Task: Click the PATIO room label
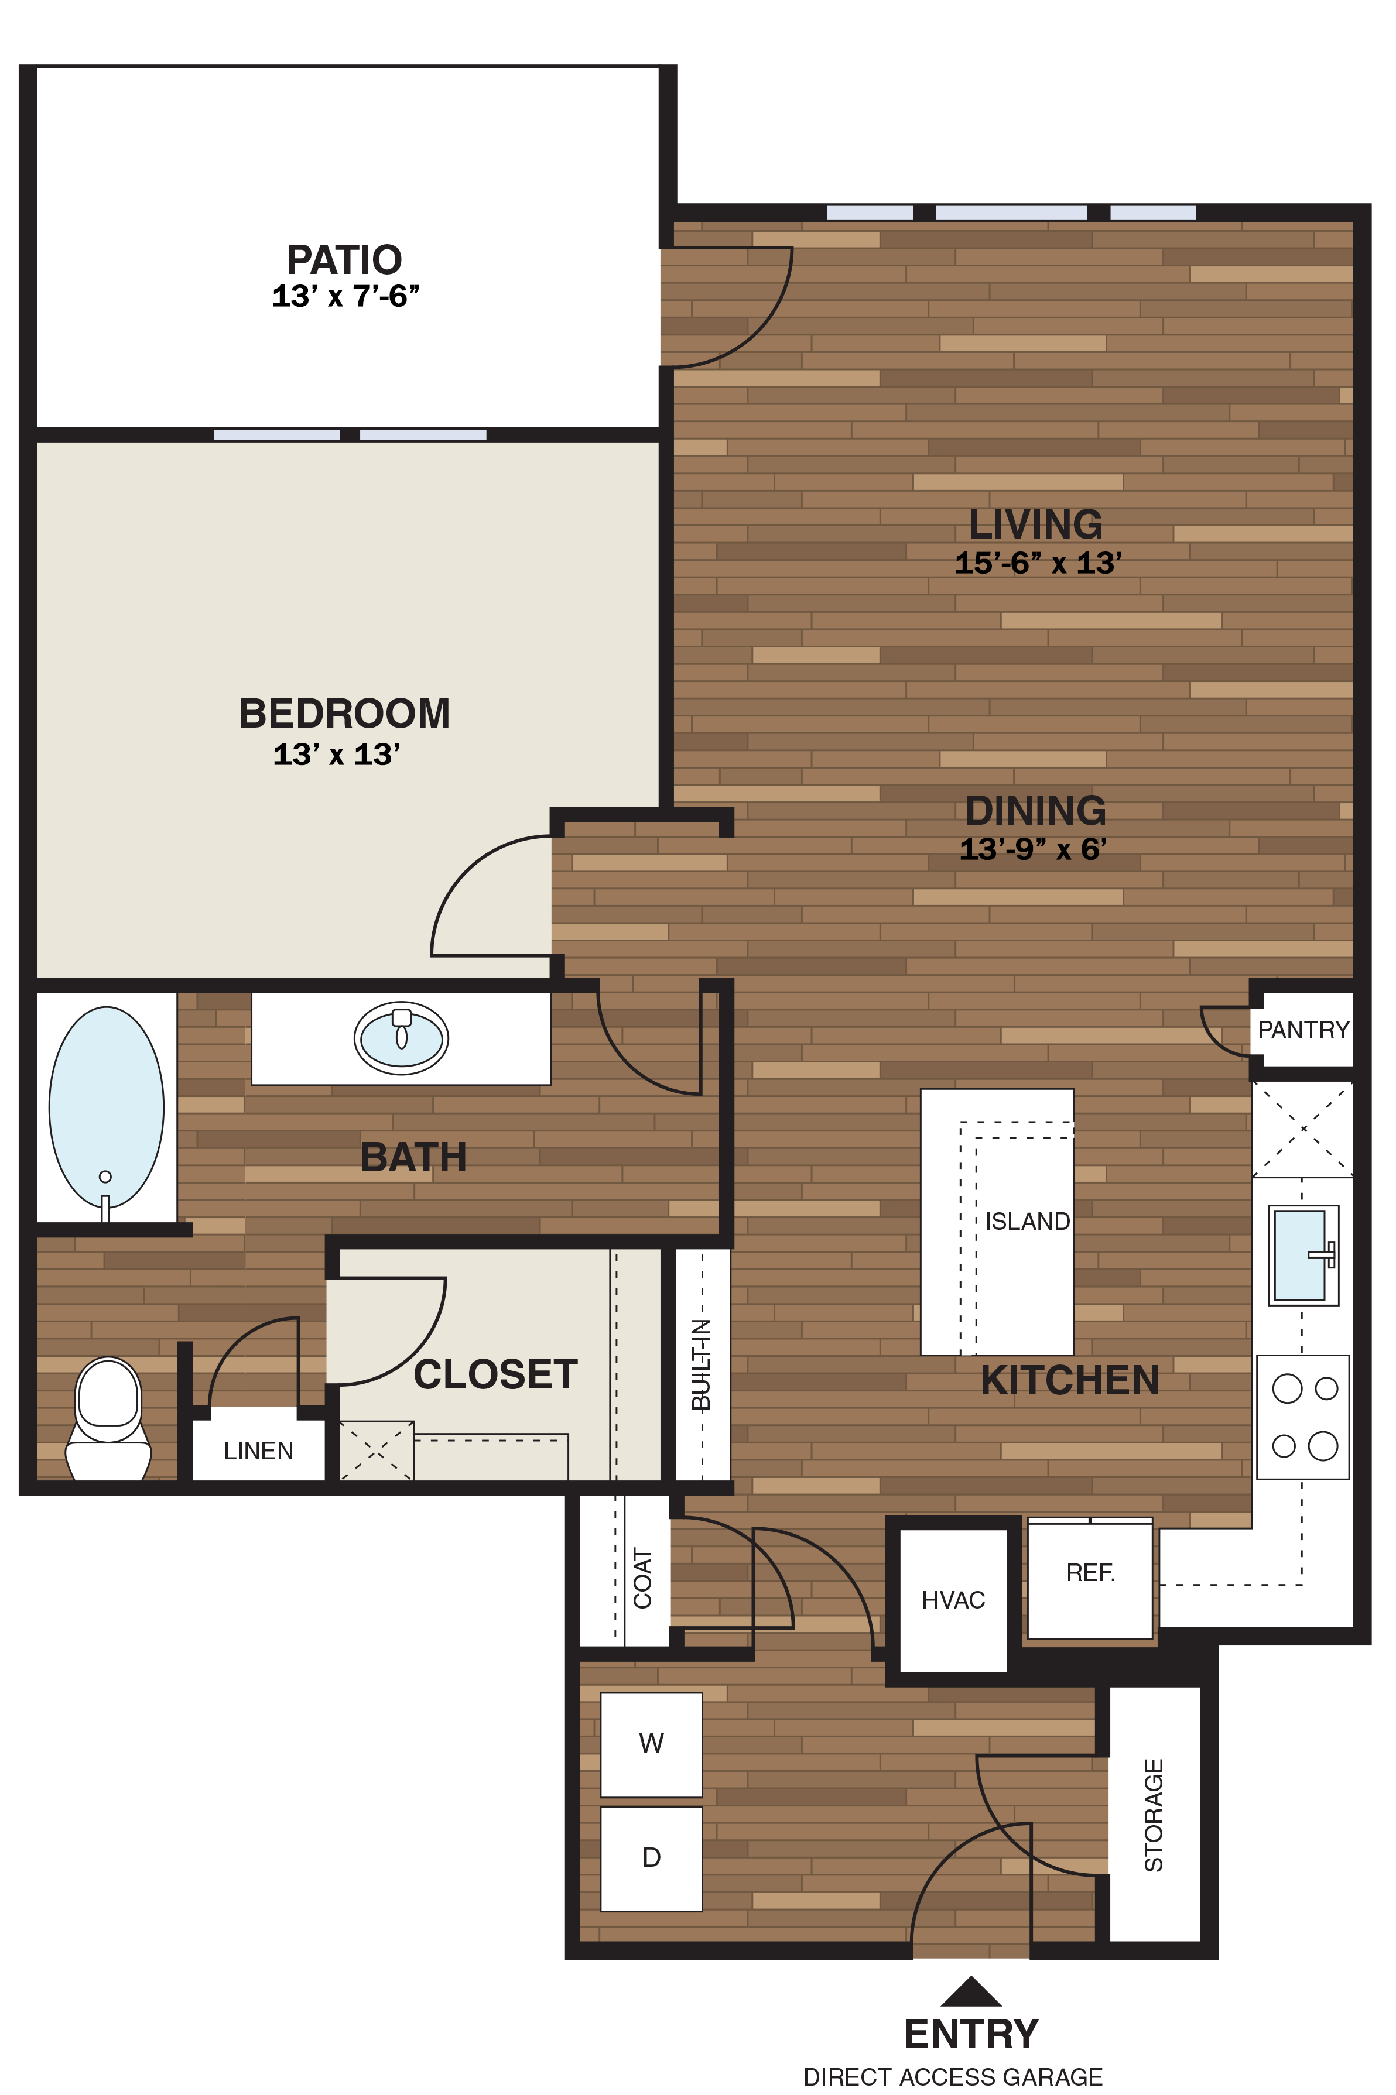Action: [344, 260]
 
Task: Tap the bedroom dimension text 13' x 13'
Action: [337, 755]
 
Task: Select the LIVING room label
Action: [1035, 524]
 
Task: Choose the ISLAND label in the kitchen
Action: [1027, 1221]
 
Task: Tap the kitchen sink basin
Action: [1300, 1255]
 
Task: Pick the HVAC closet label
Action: [953, 1600]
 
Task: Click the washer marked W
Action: [651, 1743]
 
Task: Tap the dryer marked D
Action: [651, 1857]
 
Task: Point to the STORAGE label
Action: [1153, 1816]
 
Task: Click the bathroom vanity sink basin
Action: [402, 1038]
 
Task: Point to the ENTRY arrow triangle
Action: [970, 1993]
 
